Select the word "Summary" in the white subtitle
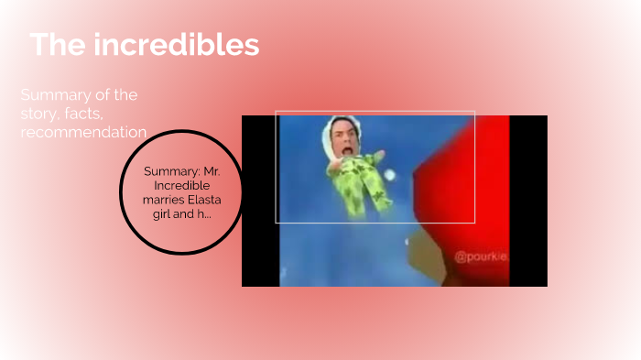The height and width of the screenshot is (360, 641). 53,95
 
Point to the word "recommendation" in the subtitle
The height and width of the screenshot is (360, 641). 83,132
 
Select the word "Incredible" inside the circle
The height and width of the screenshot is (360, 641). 181,185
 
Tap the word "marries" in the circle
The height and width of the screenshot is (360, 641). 165,199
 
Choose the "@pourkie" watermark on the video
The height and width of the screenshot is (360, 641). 480,256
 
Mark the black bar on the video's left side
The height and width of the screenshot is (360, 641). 260,202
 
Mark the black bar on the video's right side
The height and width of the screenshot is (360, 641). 528,202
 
